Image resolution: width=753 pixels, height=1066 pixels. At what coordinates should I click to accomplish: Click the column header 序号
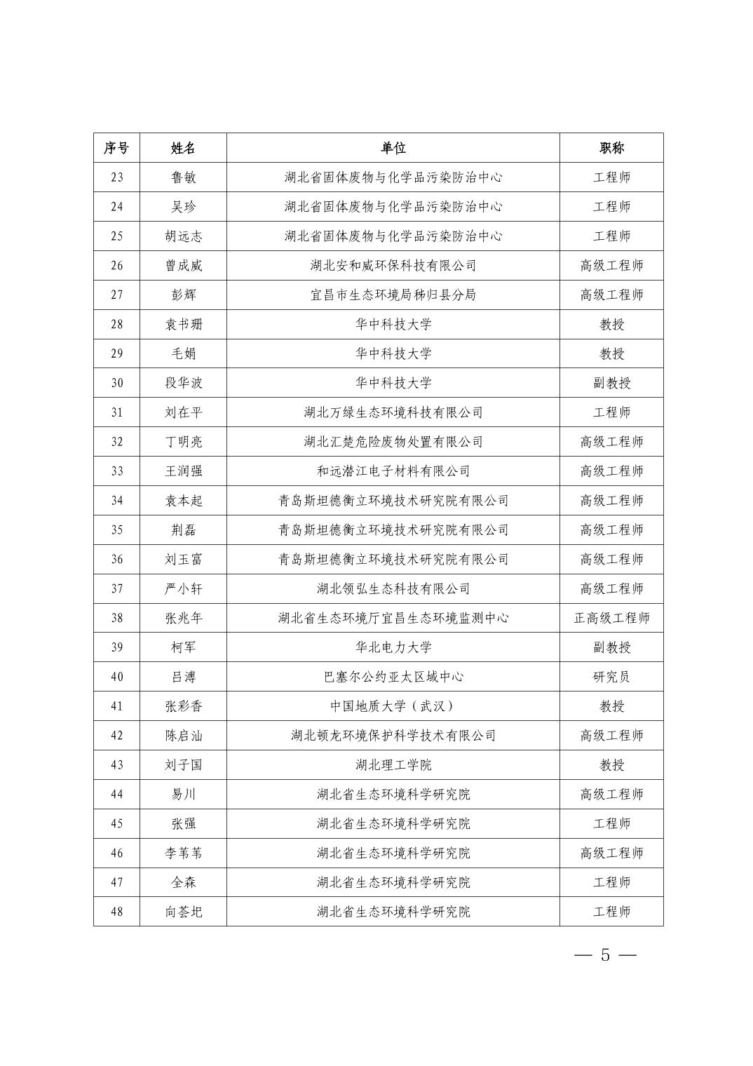point(116,148)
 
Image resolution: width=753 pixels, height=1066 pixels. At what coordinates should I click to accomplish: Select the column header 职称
point(611,148)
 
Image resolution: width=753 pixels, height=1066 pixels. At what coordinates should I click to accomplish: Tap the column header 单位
point(393,148)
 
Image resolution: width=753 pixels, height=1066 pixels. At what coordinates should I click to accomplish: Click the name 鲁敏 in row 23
point(183,177)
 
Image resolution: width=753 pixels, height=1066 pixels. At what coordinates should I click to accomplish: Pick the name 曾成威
point(183,266)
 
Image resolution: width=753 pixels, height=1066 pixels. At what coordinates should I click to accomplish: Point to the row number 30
point(116,383)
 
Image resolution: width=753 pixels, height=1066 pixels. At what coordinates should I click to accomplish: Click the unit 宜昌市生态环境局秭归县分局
point(393,295)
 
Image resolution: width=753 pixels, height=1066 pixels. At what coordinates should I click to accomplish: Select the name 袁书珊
point(183,325)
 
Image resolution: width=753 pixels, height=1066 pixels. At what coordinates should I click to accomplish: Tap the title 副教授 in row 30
point(611,383)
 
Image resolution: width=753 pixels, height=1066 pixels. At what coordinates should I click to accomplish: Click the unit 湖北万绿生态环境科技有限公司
point(393,412)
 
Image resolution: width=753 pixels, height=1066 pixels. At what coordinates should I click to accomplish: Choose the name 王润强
point(183,471)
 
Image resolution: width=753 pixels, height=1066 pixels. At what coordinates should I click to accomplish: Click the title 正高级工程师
point(611,618)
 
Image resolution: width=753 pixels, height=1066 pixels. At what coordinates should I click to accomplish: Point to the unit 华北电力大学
point(393,647)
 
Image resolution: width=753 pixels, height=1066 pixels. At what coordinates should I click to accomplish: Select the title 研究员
point(611,677)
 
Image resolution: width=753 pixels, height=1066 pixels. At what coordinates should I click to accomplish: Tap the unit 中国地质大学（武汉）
point(393,706)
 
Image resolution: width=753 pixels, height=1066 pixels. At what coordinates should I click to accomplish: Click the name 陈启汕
point(183,736)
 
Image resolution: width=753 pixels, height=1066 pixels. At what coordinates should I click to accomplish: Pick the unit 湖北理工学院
point(393,765)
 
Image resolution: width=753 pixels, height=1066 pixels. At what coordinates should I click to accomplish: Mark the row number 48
point(116,912)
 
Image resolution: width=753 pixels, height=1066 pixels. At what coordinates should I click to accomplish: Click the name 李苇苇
point(183,854)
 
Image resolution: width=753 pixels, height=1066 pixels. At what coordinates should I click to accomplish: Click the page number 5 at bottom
point(605,955)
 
